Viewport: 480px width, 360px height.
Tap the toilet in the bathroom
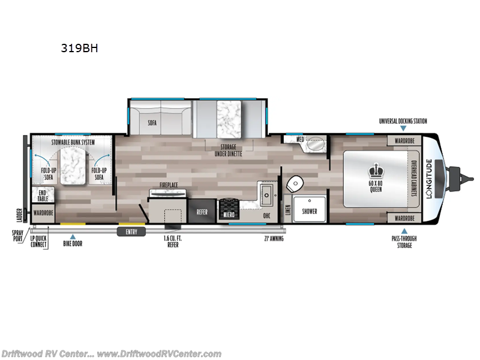(x=295, y=183)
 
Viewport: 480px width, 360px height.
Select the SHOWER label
(x=310, y=211)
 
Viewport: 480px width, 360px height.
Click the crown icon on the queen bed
(x=378, y=169)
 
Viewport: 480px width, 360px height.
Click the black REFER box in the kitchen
(x=202, y=212)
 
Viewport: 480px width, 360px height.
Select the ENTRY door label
(x=131, y=231)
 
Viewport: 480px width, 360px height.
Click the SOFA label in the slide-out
(x=152, y=122)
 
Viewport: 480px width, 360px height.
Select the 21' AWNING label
(x=274, y=238)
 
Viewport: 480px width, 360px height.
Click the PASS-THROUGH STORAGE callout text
(x=404, y=242)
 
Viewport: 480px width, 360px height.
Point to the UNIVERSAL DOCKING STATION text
(x=403, y=121)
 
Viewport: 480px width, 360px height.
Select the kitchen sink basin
(x=266, y=192)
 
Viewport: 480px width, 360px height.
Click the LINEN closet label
(x=288, y=209)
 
